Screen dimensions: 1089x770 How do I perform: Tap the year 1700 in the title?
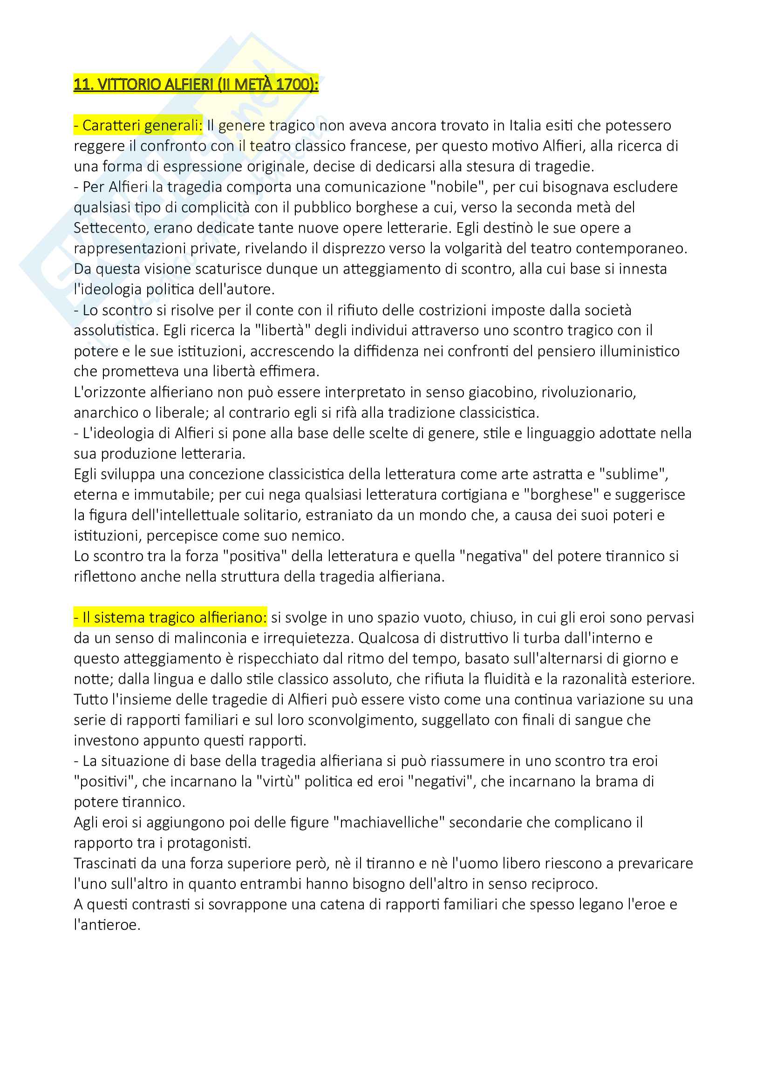pyautogui.click(x=293, y=84)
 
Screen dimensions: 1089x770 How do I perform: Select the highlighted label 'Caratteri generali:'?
pyautogui.click(x=138, y=126)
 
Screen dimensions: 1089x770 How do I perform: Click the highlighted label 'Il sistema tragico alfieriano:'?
pyautogui.click(x=170, y=617)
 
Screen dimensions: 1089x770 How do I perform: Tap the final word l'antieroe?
pyautogui.click(x=107, y=925)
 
